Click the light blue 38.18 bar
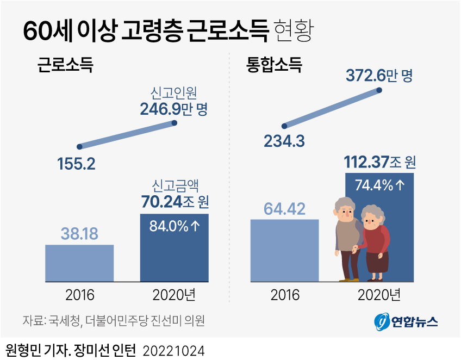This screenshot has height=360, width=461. [x=79, y=263]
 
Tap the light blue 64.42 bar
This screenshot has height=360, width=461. [x=284, y=250]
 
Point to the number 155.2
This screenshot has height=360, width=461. [x=76, y=164]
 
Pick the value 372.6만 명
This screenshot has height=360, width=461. [x=379, y=76]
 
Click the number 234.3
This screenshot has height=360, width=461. [x=284, y=141]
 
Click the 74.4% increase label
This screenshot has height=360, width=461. [x=379, y=185]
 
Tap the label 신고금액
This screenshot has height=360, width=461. [x=174, y=186]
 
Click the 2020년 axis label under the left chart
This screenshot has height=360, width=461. [x=174, y=295]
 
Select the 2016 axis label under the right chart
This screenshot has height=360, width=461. [x=285, y=295]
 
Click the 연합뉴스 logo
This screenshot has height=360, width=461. [x=406, y=322]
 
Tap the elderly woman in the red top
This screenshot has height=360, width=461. [x=376, y=245]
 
